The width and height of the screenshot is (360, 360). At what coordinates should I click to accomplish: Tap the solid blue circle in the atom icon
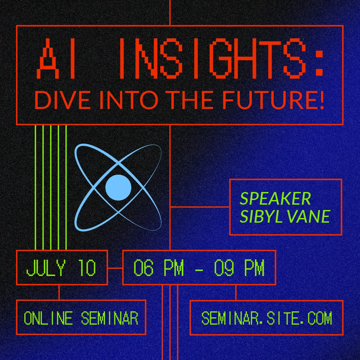coord(118,188)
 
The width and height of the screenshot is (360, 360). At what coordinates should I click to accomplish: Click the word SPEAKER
coord(275,199)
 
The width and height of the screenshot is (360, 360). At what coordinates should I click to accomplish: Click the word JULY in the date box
coord(46,268)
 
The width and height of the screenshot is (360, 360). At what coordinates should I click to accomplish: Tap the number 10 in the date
coord(87,268)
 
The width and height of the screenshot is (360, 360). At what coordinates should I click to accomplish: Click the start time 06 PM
coord(159,268)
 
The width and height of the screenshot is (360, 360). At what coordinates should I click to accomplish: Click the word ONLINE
coord(48,318)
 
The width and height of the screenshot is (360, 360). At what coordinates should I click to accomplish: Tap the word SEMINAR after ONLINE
coord(110,318)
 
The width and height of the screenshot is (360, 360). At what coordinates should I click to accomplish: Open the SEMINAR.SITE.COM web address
coord(267,318)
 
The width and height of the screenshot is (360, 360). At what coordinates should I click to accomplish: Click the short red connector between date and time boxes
coord(115,268)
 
